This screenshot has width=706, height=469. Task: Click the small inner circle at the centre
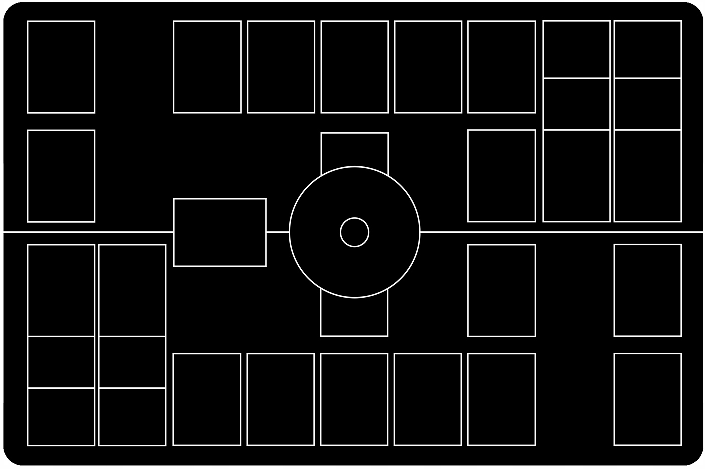pyautogui.click(x=354, y=232)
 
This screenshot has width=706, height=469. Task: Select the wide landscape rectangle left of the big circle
pyautogui.click(x=219, y=232)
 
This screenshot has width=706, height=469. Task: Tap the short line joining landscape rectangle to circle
pyautogui.click(x=277, y=232)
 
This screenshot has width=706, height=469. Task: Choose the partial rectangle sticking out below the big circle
pyautogui.click(x=354, y=318)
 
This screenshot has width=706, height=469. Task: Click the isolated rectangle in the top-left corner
pyautogui.click(x=61, y=67)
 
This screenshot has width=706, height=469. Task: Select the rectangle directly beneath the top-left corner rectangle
pyautogui.click(x=61, y=176)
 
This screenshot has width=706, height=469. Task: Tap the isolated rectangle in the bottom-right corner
pyautogui.click(x=647, y=399)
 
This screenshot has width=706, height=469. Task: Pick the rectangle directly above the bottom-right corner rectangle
pyautogui.click(x=647, y=290)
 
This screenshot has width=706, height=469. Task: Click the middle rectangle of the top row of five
pyautogui.click(x=354, y=67)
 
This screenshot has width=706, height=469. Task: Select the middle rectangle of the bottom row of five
pyautogui.click(x=354, y=399)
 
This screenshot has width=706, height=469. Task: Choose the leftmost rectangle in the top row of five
pyautogui.click(x=207, y=67)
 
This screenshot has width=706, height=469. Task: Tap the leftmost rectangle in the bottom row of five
pyautogui.click(x=206, y=399)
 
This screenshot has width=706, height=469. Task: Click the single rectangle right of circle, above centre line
pyautogui.click(x=502, y=176)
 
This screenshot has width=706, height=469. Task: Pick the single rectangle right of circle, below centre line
pyautogui.click(x=502, y=290)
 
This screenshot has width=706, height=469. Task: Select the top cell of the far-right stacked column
pyautogui.click(x=647, y=49)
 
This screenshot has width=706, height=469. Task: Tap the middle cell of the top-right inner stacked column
pyautogui.click(x=576, y=104)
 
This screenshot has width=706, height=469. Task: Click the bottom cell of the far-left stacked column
pyautogui.click(x=61, y=416)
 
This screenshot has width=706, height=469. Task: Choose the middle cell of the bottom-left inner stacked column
pyautogui.click(x=132, y=362)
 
